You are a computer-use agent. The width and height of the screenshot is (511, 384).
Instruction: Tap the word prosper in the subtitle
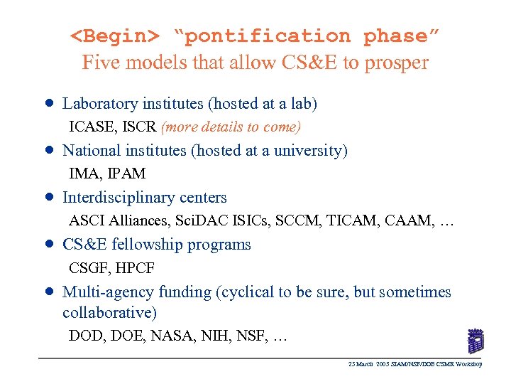397,63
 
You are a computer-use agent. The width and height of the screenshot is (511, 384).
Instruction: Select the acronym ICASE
93,127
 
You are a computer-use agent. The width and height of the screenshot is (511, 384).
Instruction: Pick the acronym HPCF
134,268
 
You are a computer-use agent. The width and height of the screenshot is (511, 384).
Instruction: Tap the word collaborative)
109,312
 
